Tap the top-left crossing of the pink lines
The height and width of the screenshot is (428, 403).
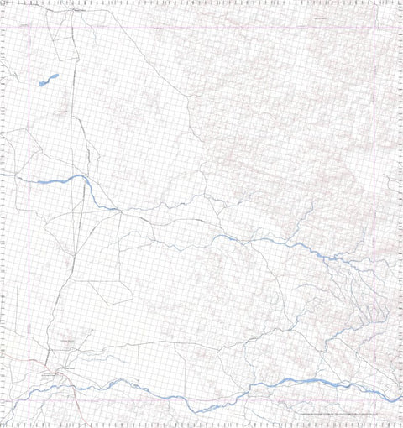[x=31, y=29]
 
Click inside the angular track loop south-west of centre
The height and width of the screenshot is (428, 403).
[x=109, y=285]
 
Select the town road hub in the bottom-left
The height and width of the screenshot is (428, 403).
[x=57, y=370]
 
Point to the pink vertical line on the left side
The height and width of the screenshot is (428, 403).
[x=31, y=210]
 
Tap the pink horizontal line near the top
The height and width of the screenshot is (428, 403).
[x=201, y=29]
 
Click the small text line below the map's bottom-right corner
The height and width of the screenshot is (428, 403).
[x=336, y=414]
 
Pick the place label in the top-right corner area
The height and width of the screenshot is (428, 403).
[x=319, y=17]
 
